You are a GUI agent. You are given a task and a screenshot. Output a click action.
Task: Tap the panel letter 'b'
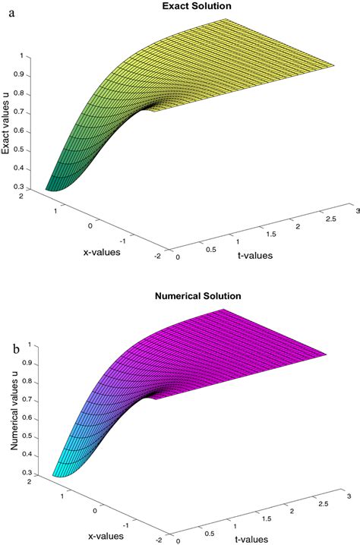[x=16, y=351]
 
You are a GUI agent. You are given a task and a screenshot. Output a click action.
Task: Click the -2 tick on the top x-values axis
[x=157, y=257]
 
